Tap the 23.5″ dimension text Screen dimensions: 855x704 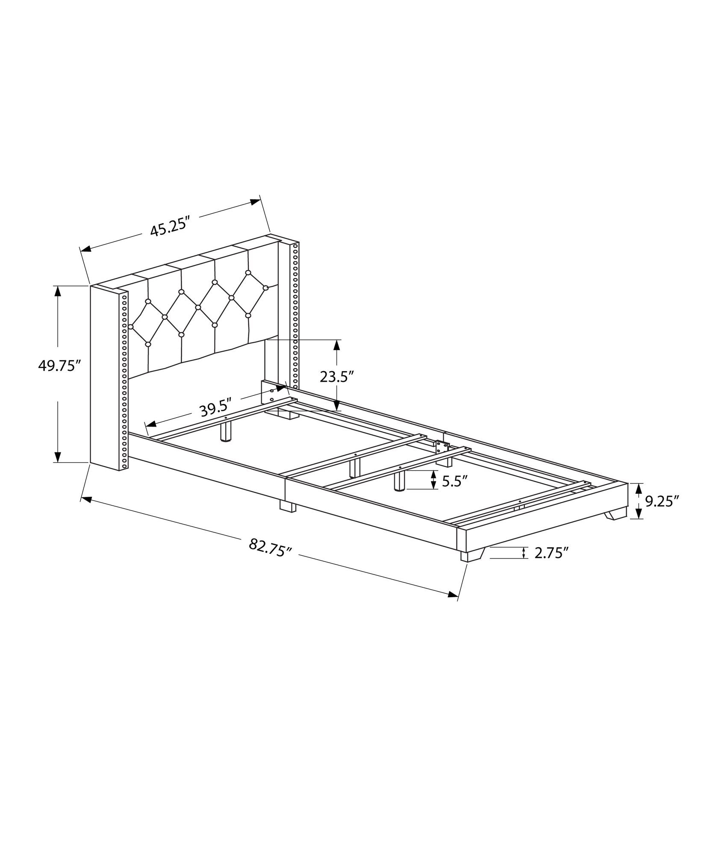coord(337,377)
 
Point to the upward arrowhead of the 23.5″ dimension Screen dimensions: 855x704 coord(337,345)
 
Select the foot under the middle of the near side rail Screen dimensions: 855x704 coord(288,506)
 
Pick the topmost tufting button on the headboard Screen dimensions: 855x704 coord(247,272)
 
